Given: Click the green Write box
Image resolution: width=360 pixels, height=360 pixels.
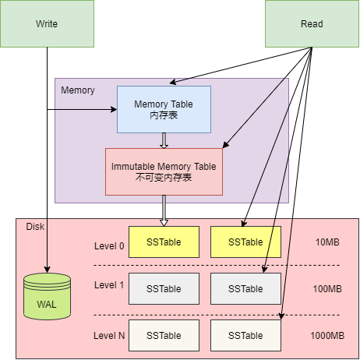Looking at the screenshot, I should coord(47,23).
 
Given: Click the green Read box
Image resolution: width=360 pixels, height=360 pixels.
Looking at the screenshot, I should coord(312,23).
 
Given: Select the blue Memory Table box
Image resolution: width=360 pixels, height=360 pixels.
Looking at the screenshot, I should coord(164,109).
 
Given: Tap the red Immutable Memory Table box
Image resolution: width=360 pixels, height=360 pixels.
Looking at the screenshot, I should coord(164,171).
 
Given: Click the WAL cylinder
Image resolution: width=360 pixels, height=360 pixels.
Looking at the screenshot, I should coord(48,296).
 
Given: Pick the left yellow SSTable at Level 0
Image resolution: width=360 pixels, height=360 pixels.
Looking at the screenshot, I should coord(164,242).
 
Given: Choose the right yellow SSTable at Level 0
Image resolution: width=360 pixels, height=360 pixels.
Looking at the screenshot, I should coord(245,242).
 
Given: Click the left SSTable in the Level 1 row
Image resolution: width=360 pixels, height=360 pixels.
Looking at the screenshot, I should coord(164,288).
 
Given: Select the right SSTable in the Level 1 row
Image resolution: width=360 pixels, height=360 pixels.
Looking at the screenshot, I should coord(245,288).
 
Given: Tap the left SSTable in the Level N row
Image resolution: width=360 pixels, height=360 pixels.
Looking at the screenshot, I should coord(164,335).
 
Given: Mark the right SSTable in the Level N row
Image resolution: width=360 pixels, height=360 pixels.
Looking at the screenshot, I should coord(245,335).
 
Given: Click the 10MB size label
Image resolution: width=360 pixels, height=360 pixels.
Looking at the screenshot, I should coord(327,242).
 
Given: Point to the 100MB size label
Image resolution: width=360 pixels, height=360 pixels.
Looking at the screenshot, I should coord(327,289).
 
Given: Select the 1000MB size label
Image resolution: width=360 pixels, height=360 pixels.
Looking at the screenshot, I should coord(327,336).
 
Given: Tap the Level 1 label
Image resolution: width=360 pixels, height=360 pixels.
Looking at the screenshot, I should coord(109,285).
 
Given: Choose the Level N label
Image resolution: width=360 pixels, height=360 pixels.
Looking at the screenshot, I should coord(109,335).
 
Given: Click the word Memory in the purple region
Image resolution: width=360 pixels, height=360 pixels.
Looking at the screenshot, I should coord(78,90).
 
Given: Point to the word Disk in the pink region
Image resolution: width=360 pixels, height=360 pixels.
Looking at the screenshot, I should coord(36,227).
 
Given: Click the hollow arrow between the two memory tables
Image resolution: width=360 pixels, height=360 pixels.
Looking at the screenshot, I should coord(164,140).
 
